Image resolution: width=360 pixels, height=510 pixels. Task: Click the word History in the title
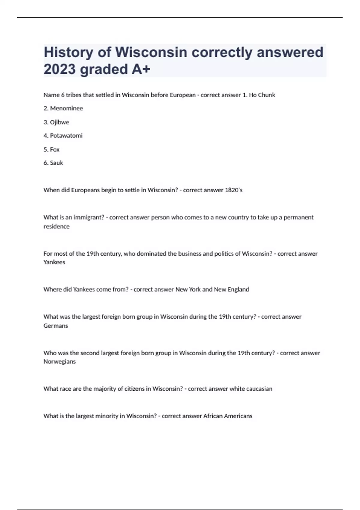pyautogui.click(x=69, y=52)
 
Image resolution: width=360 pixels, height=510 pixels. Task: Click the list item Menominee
pyautogui.click(x=66, y=108)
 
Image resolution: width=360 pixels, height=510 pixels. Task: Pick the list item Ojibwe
pyautogui.click(x=59, y=122)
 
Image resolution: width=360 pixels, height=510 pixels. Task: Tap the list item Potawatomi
pyautogui.click(x=66, y=136)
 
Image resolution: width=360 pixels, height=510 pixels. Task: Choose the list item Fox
pyautogui.click(x=55, y=149)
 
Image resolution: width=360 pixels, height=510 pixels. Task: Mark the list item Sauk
pyautogui.click(x=56, y=163)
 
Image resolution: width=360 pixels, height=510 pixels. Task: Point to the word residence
pyautogui.click(x=56, y=226)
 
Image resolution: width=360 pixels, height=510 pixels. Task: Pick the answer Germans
pyautogui.click(x=56, y=326)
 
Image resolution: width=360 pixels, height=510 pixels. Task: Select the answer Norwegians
pyautogui.click(x=59, y=361)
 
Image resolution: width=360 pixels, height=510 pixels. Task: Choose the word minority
pyautogui.click(x=107, y=416)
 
